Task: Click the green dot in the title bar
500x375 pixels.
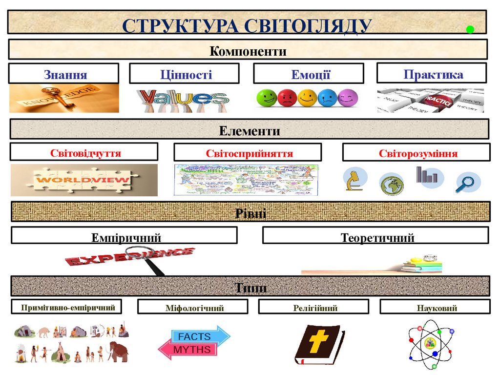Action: (x=470, y=29)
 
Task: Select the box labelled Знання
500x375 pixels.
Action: (x=64, y=74)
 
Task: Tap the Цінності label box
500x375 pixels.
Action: (x=185, y=74)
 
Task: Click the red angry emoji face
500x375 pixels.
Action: (x=287, y=98)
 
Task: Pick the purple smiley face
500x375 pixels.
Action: (x=348, y=98)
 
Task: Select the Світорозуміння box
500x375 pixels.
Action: (x=416, y=153)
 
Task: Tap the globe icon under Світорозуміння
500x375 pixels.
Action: (x=392, y=184)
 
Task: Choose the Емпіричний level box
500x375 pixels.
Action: (x=125, y=236)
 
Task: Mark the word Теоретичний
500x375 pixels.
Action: (x=377, y=238)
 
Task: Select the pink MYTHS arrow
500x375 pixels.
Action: (x=187, y=350)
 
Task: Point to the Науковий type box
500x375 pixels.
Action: (x=435, y=307)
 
